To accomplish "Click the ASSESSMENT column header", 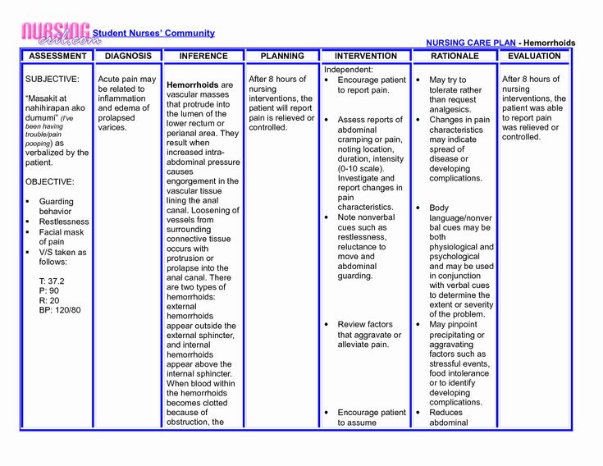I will point(57,56).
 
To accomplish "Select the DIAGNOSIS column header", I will point(128,56).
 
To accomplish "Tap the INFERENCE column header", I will point(203,56).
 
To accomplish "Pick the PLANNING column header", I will point(281,56).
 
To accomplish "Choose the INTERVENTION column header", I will point(366,56).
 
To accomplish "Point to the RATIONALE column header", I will point(455,56).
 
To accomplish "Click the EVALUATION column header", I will point(534,56).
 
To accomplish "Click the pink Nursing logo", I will point(55,34).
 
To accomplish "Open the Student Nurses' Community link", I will point(153,34).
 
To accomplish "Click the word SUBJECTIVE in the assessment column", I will point(53,80).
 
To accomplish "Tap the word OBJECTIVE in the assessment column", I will point(50,181).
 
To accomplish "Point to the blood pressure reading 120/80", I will point(60,310).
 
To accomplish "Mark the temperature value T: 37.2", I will point(51,281).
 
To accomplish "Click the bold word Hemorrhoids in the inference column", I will point(193,85).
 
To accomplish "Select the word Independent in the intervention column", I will point(349,70).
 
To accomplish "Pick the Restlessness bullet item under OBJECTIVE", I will point(64,222).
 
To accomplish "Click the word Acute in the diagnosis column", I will point(110,80).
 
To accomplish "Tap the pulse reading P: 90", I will point(48,290).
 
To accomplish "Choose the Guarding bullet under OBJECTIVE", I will point(56,201).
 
